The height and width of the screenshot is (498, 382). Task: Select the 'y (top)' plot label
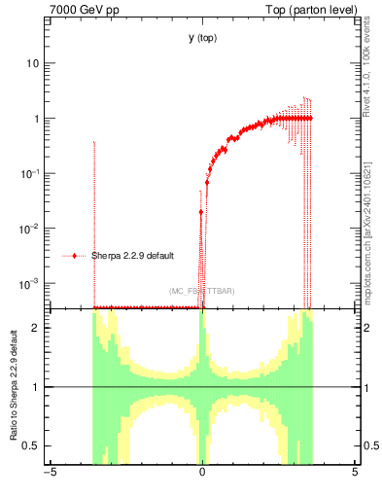202,38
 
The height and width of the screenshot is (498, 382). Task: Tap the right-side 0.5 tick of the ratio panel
371,445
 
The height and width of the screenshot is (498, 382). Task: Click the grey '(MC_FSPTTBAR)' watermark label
201,291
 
